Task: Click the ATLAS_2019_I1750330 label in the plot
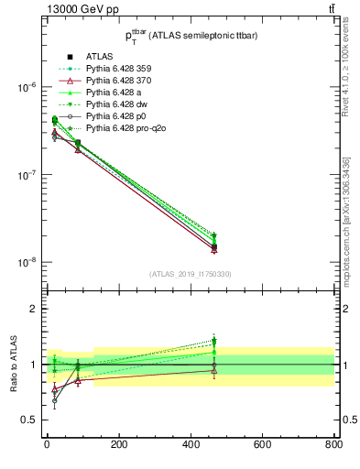click(191, 274)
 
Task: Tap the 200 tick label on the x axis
click(118, 445)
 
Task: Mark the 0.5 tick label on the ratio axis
click(27, 420)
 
